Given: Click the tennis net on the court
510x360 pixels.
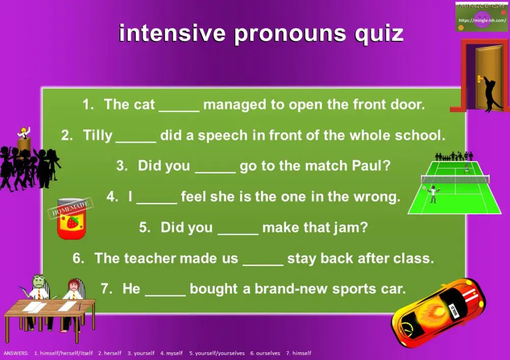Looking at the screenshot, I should coord(455,179).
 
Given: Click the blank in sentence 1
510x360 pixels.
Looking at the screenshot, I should coord(179,106).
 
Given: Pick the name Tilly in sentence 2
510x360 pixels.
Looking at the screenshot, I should coord(97,136).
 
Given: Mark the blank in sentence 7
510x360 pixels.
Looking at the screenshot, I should coord(165,290).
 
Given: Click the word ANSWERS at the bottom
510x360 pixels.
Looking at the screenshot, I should coord(16,353).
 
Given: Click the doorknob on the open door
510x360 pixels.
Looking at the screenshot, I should coord(479,79).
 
